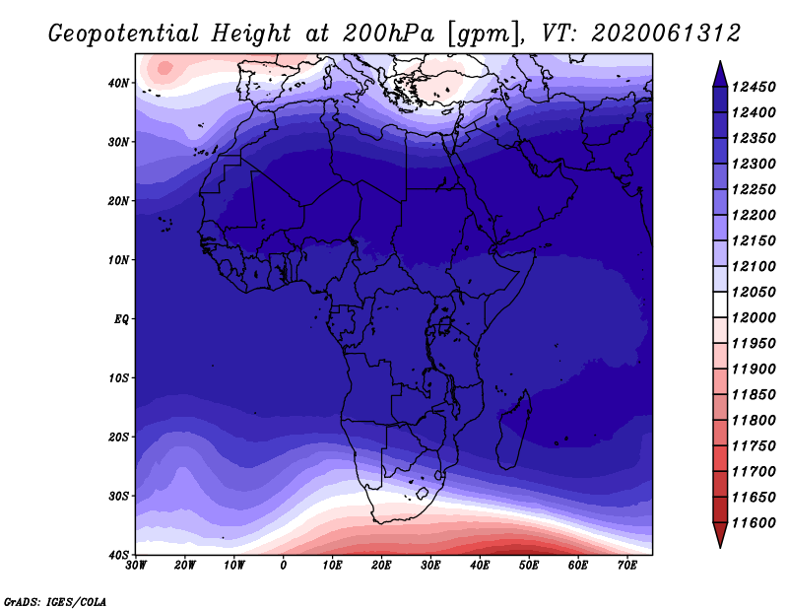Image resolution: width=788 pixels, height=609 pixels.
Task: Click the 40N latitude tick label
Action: point(118,83)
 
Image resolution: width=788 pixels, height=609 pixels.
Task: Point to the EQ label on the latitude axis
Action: point(121,319)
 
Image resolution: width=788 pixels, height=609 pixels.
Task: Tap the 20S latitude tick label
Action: point(118,437)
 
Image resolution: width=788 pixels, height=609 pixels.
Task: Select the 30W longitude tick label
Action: point(136,566)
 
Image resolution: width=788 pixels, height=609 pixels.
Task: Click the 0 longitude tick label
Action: point(284,566)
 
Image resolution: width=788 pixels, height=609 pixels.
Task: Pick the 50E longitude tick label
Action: point(529,566)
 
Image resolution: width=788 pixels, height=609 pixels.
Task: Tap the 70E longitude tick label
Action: point(627,566)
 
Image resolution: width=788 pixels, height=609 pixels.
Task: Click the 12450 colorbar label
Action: point(754,87)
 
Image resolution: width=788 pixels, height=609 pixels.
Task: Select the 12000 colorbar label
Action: point(754,318)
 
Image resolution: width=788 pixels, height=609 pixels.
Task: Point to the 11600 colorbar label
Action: point(754,523)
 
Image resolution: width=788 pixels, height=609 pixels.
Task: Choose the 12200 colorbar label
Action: point(754,215)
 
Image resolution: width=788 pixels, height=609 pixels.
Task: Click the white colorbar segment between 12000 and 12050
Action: point(720,304)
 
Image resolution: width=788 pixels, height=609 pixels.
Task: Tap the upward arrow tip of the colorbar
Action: point(720,61)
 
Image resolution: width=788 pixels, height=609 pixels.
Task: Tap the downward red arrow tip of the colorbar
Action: point(720,548)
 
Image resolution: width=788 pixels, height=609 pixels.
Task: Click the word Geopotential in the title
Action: point(124,34)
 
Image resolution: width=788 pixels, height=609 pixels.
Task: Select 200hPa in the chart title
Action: point(388,34)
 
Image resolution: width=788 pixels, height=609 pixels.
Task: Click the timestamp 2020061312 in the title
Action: point(666,34)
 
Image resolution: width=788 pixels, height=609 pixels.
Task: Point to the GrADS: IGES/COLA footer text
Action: point(55,602)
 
